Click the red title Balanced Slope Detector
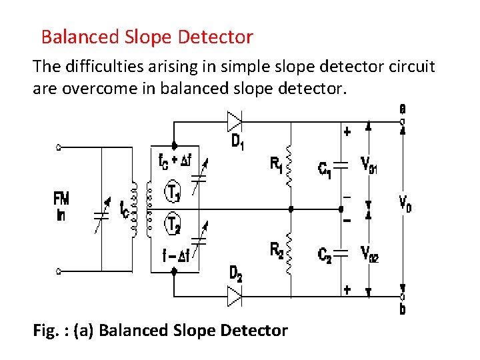point(147,37)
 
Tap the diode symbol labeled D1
point(234,121)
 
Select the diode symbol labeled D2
point(234,295)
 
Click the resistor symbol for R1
point(289,166)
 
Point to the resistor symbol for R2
point(289,253)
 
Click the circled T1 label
point(173,193)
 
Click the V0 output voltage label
point(405,203)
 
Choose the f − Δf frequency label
point(175,254)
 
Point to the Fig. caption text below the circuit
point(160,330)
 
